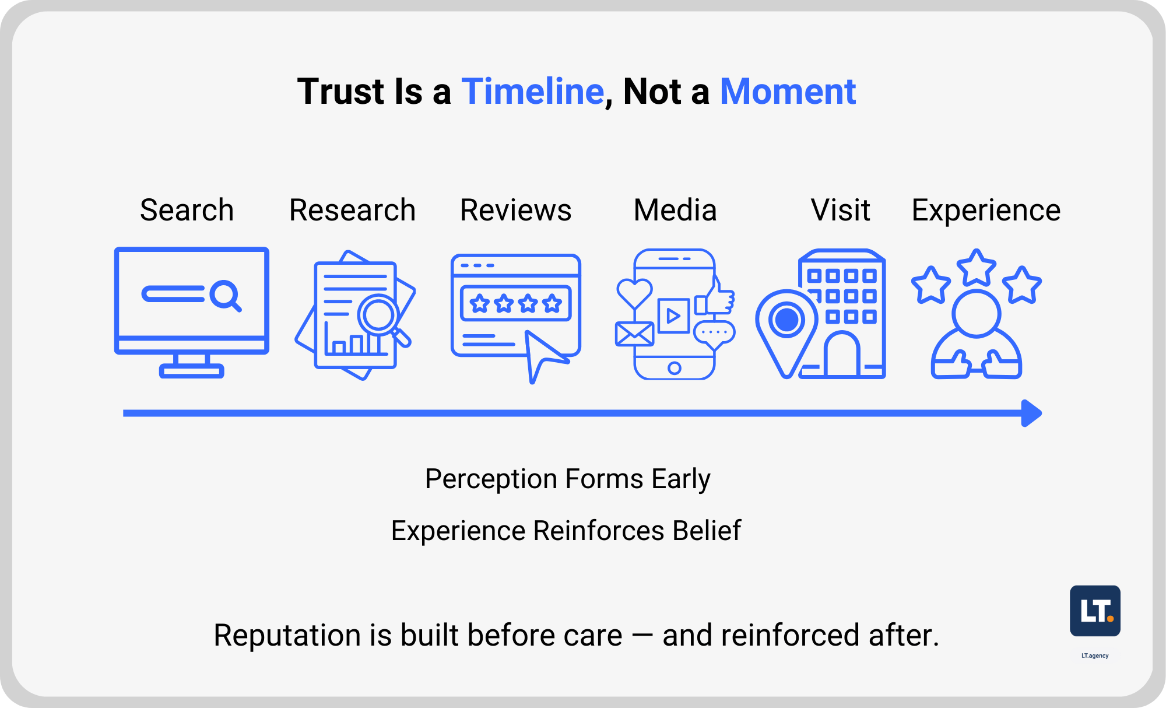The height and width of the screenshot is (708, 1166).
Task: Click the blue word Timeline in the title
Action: [532, 92]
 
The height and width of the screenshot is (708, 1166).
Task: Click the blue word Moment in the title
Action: [788, 92]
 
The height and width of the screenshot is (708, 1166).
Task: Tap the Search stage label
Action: [187, 210]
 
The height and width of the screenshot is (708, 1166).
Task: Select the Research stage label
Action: [352, 210]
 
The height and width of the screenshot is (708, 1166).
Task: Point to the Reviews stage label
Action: [515, 210]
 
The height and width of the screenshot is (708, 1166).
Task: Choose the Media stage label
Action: [675, 210]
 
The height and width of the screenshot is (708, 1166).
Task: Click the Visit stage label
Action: [840, 210]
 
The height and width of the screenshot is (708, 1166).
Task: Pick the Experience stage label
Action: [986, 210]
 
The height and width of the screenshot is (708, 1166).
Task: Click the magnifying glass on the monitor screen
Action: [226, 295]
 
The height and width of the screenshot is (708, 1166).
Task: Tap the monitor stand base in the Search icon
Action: [191, 371]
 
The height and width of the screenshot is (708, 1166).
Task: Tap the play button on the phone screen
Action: [673, 316]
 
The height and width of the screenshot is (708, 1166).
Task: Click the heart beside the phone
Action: [634, 293]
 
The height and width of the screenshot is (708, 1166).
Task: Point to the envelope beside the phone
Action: [634, 334]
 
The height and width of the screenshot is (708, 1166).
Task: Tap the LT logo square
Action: [1095, 611]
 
